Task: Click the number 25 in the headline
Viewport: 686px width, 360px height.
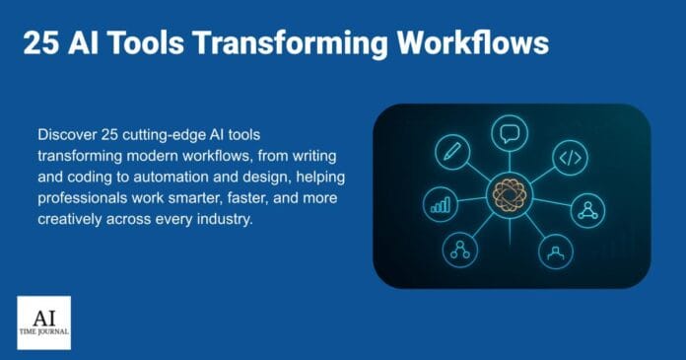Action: pyautogui.click(x=40, y=43)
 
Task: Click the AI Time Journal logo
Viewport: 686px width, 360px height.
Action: pyautogui.click(x=43, y=322)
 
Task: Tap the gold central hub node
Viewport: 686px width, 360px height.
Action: pyautogui.click(x=511, y=195)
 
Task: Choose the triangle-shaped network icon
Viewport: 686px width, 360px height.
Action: pyautogui.click(x=588, y=208)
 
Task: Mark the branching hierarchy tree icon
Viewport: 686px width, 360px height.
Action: pyautogui.click(x=458, y=249)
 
